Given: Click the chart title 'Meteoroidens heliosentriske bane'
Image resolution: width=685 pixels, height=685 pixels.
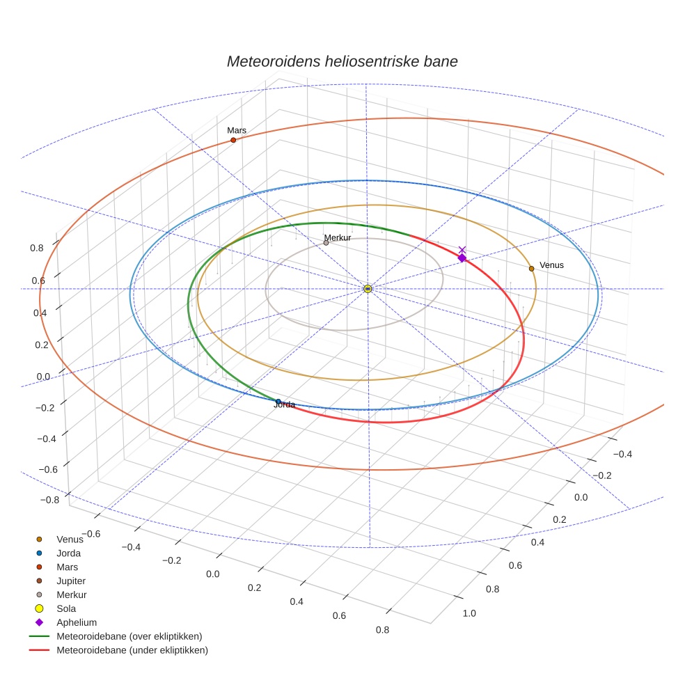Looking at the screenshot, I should coord(342,61).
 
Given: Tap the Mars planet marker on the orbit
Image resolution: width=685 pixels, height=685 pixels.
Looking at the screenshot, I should coord(233,140).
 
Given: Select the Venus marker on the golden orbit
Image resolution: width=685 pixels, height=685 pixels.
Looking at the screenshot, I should coord(531,268).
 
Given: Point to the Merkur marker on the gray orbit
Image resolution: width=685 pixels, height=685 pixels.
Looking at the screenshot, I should coord(326,242).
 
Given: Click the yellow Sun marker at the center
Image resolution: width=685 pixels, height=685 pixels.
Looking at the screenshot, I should coord(368,288).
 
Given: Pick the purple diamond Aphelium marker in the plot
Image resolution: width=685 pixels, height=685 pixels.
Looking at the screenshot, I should coord(462,258).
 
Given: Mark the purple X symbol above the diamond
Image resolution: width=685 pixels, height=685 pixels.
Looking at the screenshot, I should coord(462,249).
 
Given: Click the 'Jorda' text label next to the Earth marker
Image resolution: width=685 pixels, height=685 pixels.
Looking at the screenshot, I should coord(285,405).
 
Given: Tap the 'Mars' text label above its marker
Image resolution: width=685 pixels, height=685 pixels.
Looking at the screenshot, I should coord(237,130).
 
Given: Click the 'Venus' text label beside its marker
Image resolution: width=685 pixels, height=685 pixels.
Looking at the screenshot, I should coord(551,265).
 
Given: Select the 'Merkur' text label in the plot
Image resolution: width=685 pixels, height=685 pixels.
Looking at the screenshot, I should coord(338,238).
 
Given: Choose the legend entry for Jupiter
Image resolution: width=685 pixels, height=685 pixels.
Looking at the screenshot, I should coord(71,581).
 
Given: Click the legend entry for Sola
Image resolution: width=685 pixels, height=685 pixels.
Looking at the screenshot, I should coord(66,608).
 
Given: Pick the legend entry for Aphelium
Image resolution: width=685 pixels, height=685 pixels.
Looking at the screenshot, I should coord(76,622).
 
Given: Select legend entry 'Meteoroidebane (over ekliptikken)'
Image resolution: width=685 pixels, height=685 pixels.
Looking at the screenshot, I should coord(129,636).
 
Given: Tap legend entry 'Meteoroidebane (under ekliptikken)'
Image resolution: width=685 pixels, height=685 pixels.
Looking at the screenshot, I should coord(132,650).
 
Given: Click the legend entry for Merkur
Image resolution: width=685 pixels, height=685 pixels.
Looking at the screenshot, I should coord(71,595).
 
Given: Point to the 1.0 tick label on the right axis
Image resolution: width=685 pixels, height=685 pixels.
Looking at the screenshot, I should coord(469,613).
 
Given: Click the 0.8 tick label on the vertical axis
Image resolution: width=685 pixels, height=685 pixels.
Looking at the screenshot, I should coord(36,248).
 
